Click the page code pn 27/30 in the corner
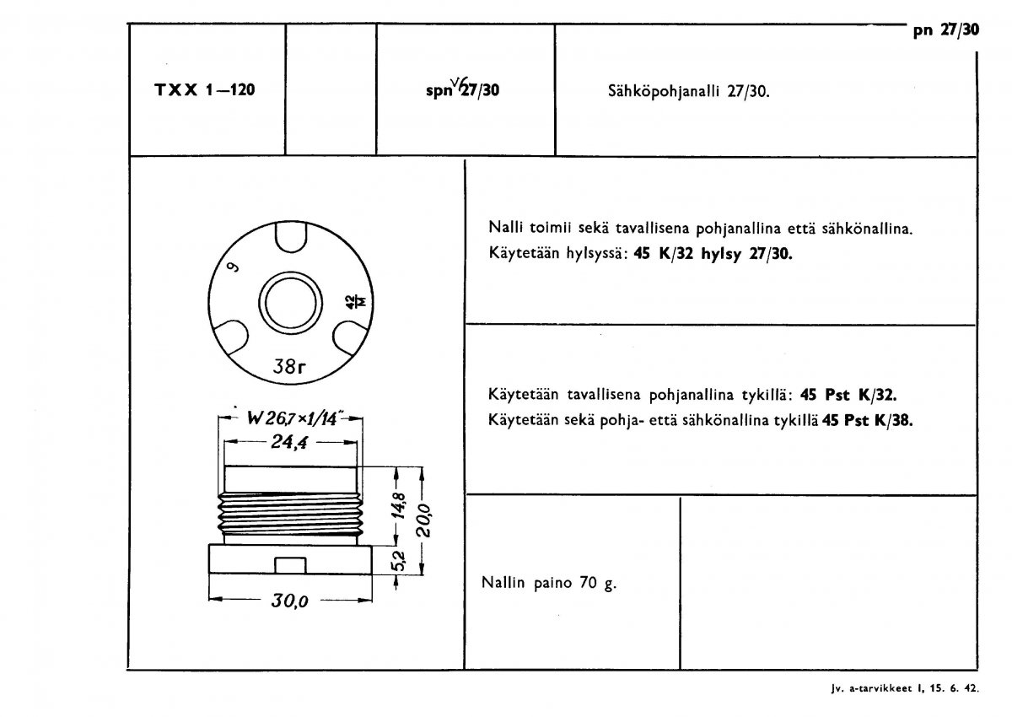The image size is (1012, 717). pos(946,31)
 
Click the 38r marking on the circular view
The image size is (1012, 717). pos(290,366)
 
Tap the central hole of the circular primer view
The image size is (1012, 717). pos(290,303)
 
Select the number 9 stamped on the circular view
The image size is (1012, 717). pos(232,270)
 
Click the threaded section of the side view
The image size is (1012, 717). pos(290,515)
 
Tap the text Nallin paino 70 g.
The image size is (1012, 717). pos(549,582)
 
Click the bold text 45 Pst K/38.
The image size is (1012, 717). pos(868,419)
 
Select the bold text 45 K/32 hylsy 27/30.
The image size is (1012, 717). pos(713,254)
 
